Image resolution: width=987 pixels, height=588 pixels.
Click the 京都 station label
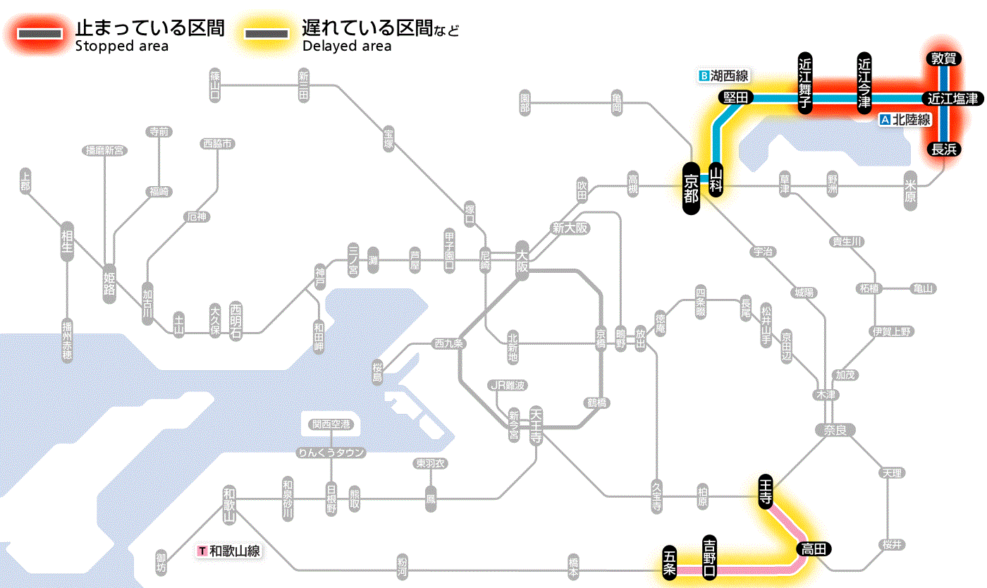pyautogui.click(x=691, y=188)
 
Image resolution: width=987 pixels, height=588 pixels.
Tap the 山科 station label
pyautogui.click(x=716, y=179)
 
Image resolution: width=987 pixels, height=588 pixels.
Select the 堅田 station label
pyautogui.click(x=735, y=98)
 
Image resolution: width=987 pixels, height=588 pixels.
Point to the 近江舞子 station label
pyautogui.click(x=805, y=82)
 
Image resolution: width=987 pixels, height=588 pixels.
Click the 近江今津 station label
pyautogui.click(x=864, y=82)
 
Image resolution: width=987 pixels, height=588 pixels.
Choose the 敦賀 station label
pyautogui.click(x=943, y=59)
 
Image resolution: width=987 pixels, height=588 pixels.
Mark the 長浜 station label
pyautogui.click(x=943, y=149)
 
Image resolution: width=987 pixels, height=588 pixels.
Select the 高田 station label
pyautogui.click(x=814, y=549)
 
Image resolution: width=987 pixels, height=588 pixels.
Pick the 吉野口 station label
pyautogui.click(x=710, y=556)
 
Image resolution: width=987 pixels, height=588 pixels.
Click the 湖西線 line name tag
pyautogui.click(x=724, y=75)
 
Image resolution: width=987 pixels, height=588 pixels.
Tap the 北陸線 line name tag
pyautogui.click(x=906, y=120)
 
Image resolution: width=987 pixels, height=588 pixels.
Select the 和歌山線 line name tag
pyautogui.click(x=230, y=551)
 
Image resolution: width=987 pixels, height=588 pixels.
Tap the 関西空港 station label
pyautogui.click(x=331, y=424)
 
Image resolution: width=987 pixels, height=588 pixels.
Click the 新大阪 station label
pyautogui.click(x=570, y=228)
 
